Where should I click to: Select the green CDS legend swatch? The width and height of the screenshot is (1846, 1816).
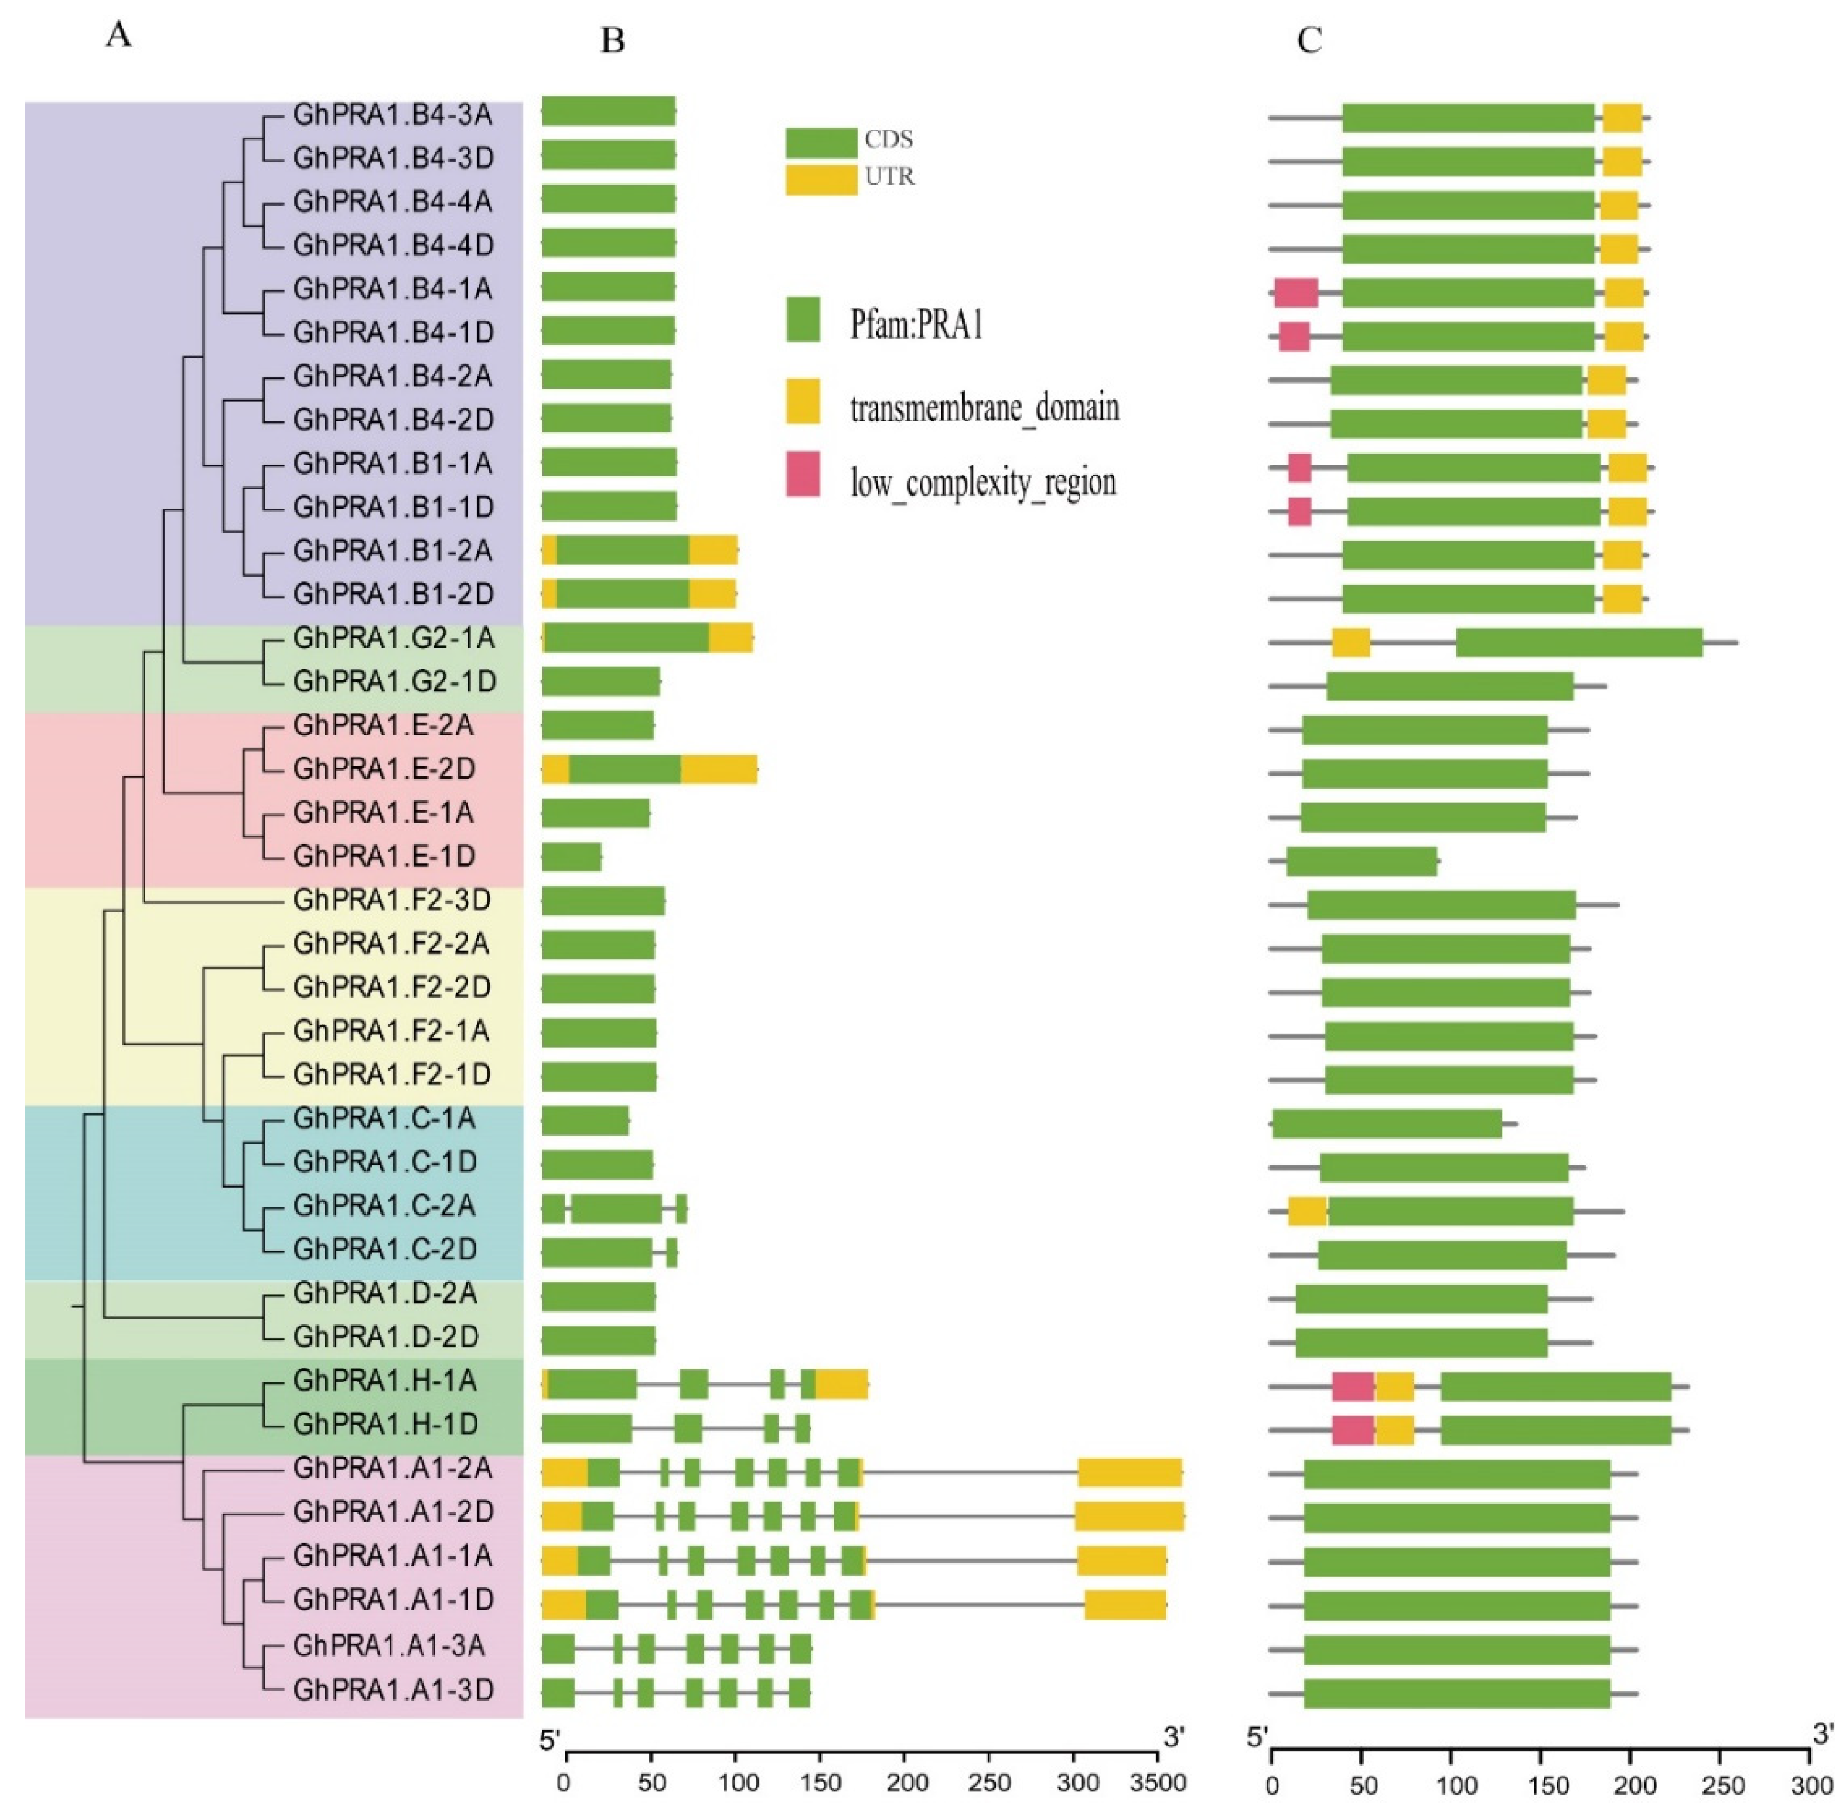point(820,142)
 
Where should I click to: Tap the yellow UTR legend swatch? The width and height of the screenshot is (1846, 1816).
point(820,179)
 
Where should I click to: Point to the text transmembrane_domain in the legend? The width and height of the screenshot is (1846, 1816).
point(984,408)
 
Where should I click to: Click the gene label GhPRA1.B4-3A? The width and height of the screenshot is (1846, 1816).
point(393,114)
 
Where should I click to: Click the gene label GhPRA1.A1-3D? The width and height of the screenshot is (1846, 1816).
point(393,1690)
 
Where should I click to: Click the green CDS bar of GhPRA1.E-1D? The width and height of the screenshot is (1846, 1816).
point(571,857)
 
